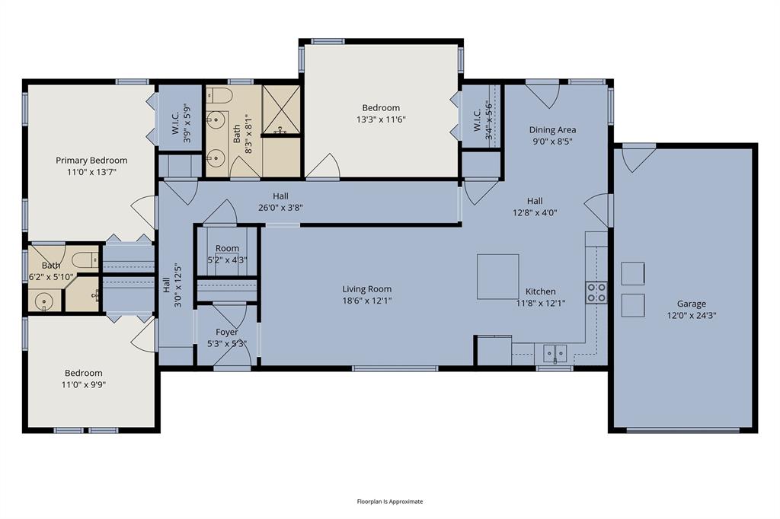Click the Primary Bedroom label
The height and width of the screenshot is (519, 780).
[91, 161]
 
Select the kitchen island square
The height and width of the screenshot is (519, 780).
[497, 276]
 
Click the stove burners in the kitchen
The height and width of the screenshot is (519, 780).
[596, 293]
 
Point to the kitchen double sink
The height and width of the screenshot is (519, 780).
[555, 353]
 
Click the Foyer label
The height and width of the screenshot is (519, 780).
[227, 333]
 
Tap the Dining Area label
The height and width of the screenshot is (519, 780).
[552, 130]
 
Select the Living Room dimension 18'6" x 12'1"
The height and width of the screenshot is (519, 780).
[367, 301]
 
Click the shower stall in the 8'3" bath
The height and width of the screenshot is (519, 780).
[281, 110]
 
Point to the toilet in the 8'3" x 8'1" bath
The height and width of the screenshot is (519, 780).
[221, 95]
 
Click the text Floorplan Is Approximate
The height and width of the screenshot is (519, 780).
[390, 501]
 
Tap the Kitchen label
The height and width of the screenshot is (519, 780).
[540, 291]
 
